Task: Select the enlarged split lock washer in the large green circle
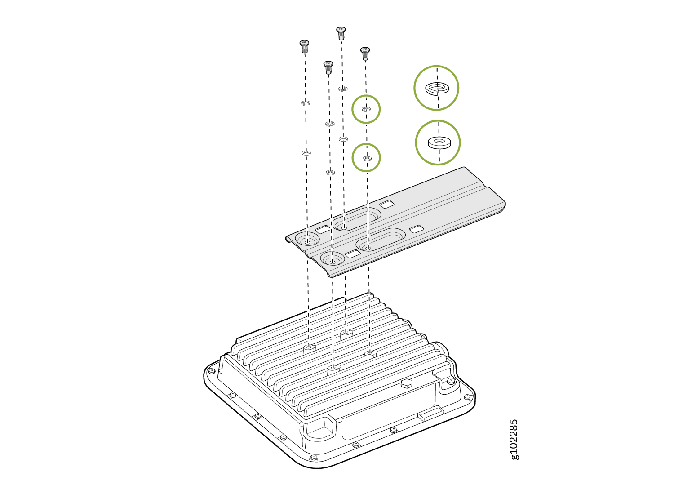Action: [x=437, y=88]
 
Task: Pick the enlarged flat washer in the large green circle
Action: [x=439, y=142]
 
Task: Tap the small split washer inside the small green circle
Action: [x=366, y=109]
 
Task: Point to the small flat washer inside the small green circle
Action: [x=367, y=158]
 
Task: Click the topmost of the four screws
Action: [x=341, y=33]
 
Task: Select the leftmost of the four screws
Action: [x=305, y=47]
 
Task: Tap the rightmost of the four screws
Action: [x=365, y=53]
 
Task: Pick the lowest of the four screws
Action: [x=328, y=67]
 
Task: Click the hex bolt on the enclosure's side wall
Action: [x=407, y=384]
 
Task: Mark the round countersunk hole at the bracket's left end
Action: [x=307, y=239]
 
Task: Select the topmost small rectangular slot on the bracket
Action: [x=386, y=204]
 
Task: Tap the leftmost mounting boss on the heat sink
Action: [x=309, y=349]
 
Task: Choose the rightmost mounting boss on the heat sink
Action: [x=370, y=355]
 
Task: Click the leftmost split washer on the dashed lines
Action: [x=306, y=103]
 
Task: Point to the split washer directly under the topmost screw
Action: [x=343, y=89]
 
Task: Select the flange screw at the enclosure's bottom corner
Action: [x=314, y=458]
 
